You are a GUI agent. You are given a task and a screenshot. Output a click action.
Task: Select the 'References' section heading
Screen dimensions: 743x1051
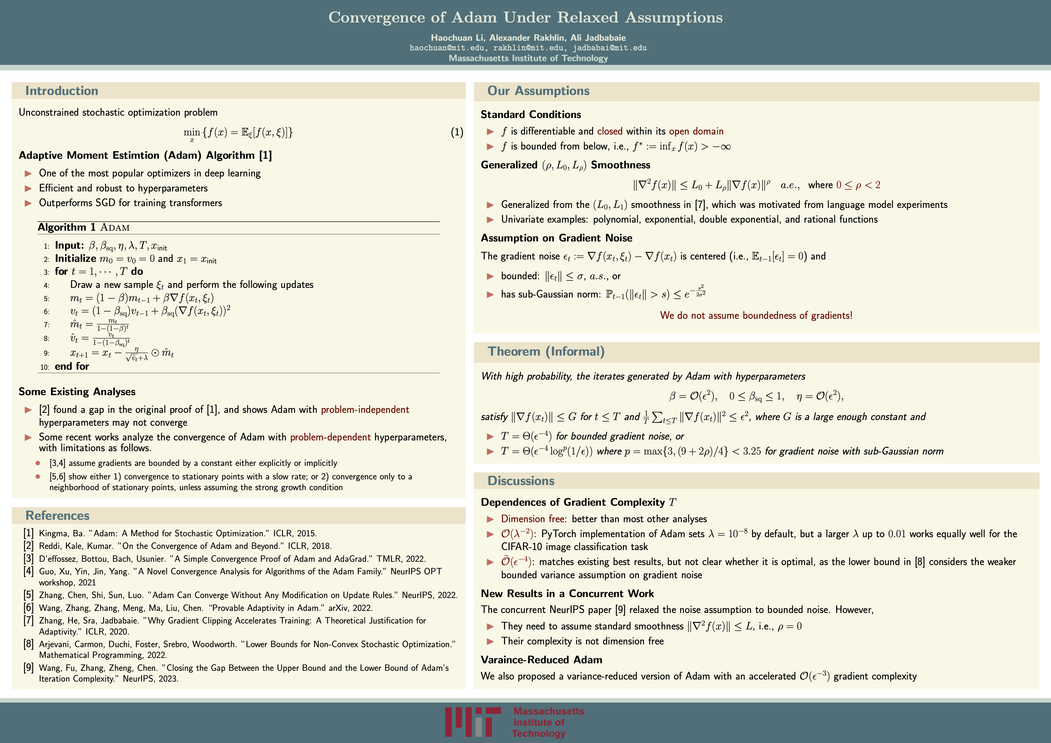coord(57,516)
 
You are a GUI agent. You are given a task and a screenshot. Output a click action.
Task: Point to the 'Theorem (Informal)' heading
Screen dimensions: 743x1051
coord(546,351)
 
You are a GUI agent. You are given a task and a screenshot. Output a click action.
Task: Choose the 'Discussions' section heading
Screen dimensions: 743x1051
coord(521,481)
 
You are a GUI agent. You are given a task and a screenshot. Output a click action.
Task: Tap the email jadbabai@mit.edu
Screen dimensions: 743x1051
coord(609,48)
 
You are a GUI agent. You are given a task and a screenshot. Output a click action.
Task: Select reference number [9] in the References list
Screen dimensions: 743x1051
coord(28,668)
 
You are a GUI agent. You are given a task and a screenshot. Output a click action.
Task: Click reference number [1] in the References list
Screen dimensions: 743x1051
coord(28,533)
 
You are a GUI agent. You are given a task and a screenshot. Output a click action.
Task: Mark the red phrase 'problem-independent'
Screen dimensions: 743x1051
coord(365,410)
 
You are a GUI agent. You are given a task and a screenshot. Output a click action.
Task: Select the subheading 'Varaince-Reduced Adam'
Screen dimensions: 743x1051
coord(541,660)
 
